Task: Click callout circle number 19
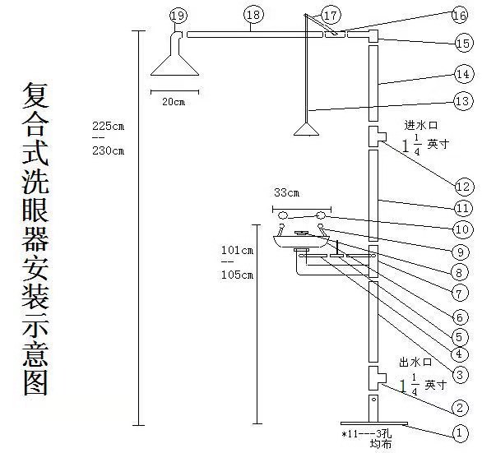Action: pos(178,16)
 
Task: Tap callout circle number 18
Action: pos(253,15)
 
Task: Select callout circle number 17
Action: pos(331,15)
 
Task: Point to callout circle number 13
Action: pos(463,101)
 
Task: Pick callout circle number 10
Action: pos(462,229)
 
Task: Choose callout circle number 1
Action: pos(460,433)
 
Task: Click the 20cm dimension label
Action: pos(174,102)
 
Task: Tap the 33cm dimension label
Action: pos(286,193)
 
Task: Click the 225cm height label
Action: pos(109,127)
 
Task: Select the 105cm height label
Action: pos(238,275)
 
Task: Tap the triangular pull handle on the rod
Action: pos(306,129)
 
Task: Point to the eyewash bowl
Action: pos(301,242)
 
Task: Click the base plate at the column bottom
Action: pos(374,423)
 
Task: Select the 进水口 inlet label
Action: pos(421,126)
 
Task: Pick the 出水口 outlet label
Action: pos(416,363)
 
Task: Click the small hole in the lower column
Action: pos(374,400)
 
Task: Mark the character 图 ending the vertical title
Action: pos(35,382)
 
